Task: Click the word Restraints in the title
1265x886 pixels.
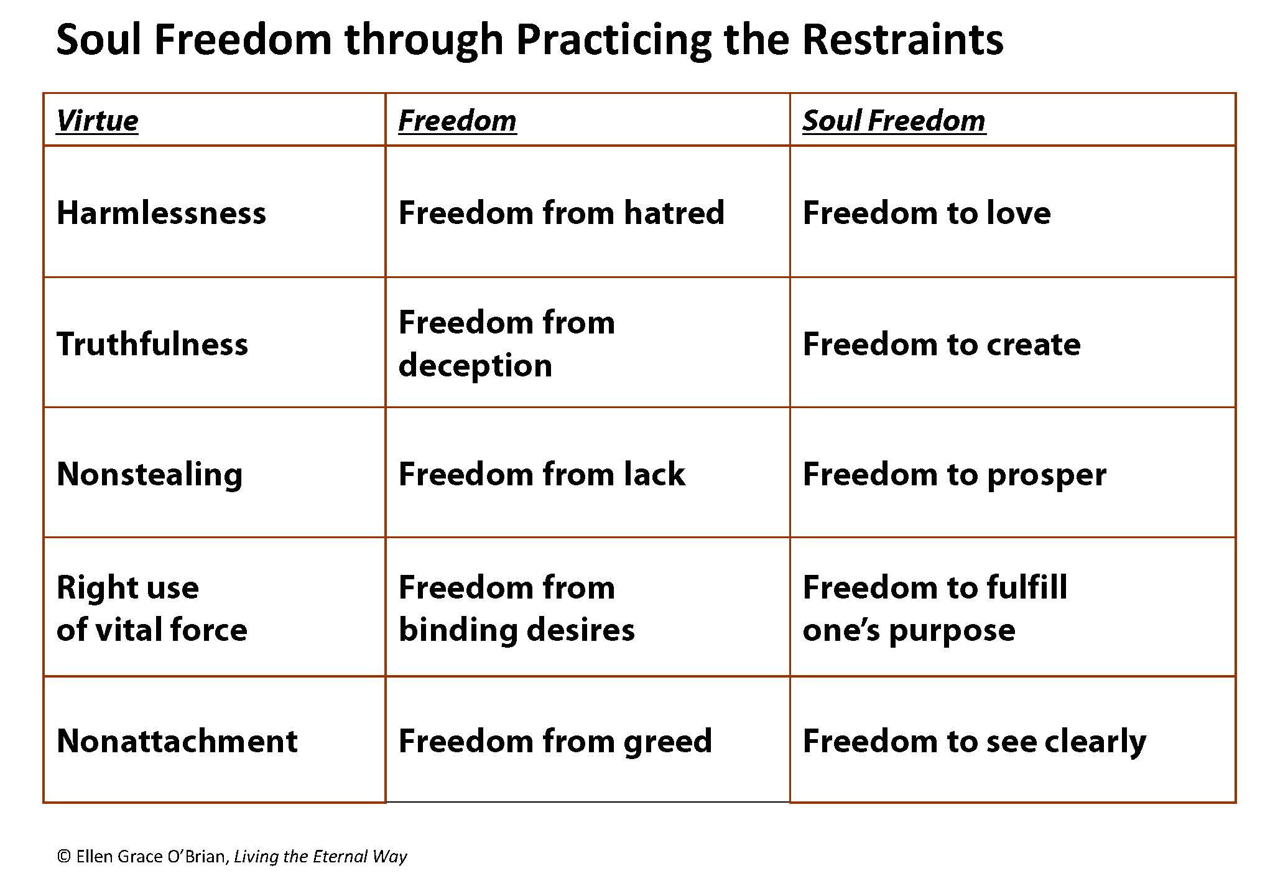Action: tap(902, 39)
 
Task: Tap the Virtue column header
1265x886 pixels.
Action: tap(97, 121)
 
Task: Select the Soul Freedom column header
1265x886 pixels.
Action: tap(894, 121)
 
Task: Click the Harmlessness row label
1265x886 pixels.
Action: tap(161, 213)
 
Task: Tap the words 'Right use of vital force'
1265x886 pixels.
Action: tap(152, 608)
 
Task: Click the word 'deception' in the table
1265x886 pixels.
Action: tap(475, 366)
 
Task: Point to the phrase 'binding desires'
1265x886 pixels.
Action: tap(517, 630)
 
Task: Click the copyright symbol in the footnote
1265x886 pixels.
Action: tap(63, 857)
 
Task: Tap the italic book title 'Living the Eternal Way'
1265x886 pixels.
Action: tap(320, 857)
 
